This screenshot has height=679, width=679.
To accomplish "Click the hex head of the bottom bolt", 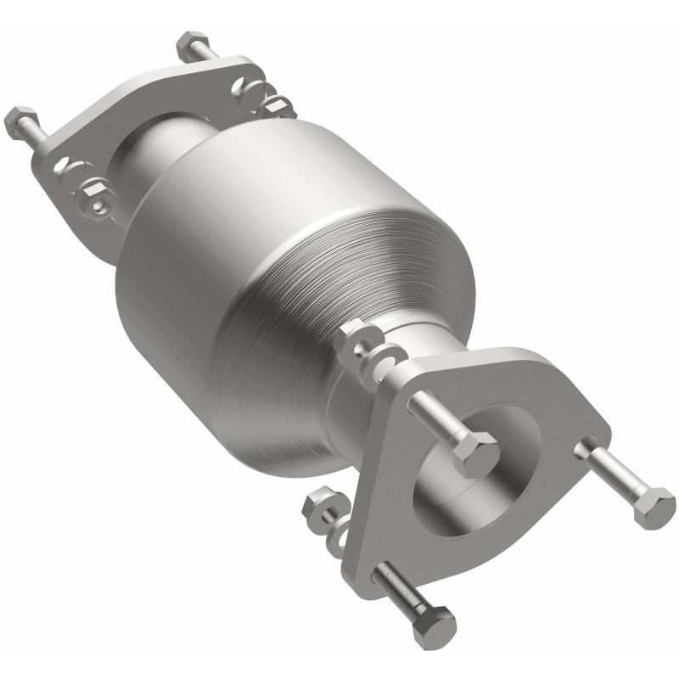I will pyautogui.click(x=433, y=628).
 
